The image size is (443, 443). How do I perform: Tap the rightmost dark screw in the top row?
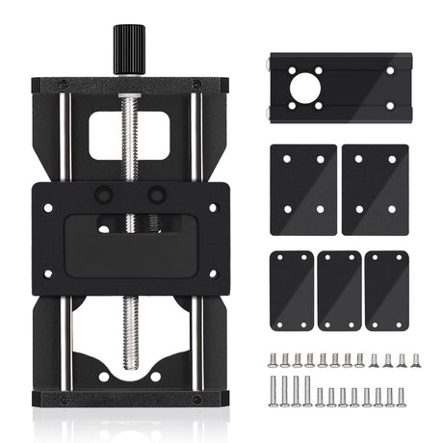tap(416, 360)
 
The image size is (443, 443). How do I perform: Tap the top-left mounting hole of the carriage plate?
tap(47, 205)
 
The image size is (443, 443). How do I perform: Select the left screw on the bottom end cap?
tap(64, 399)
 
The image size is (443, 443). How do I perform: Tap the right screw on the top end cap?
tap(197, 84)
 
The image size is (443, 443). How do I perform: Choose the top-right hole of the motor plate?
tap(390, 70)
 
